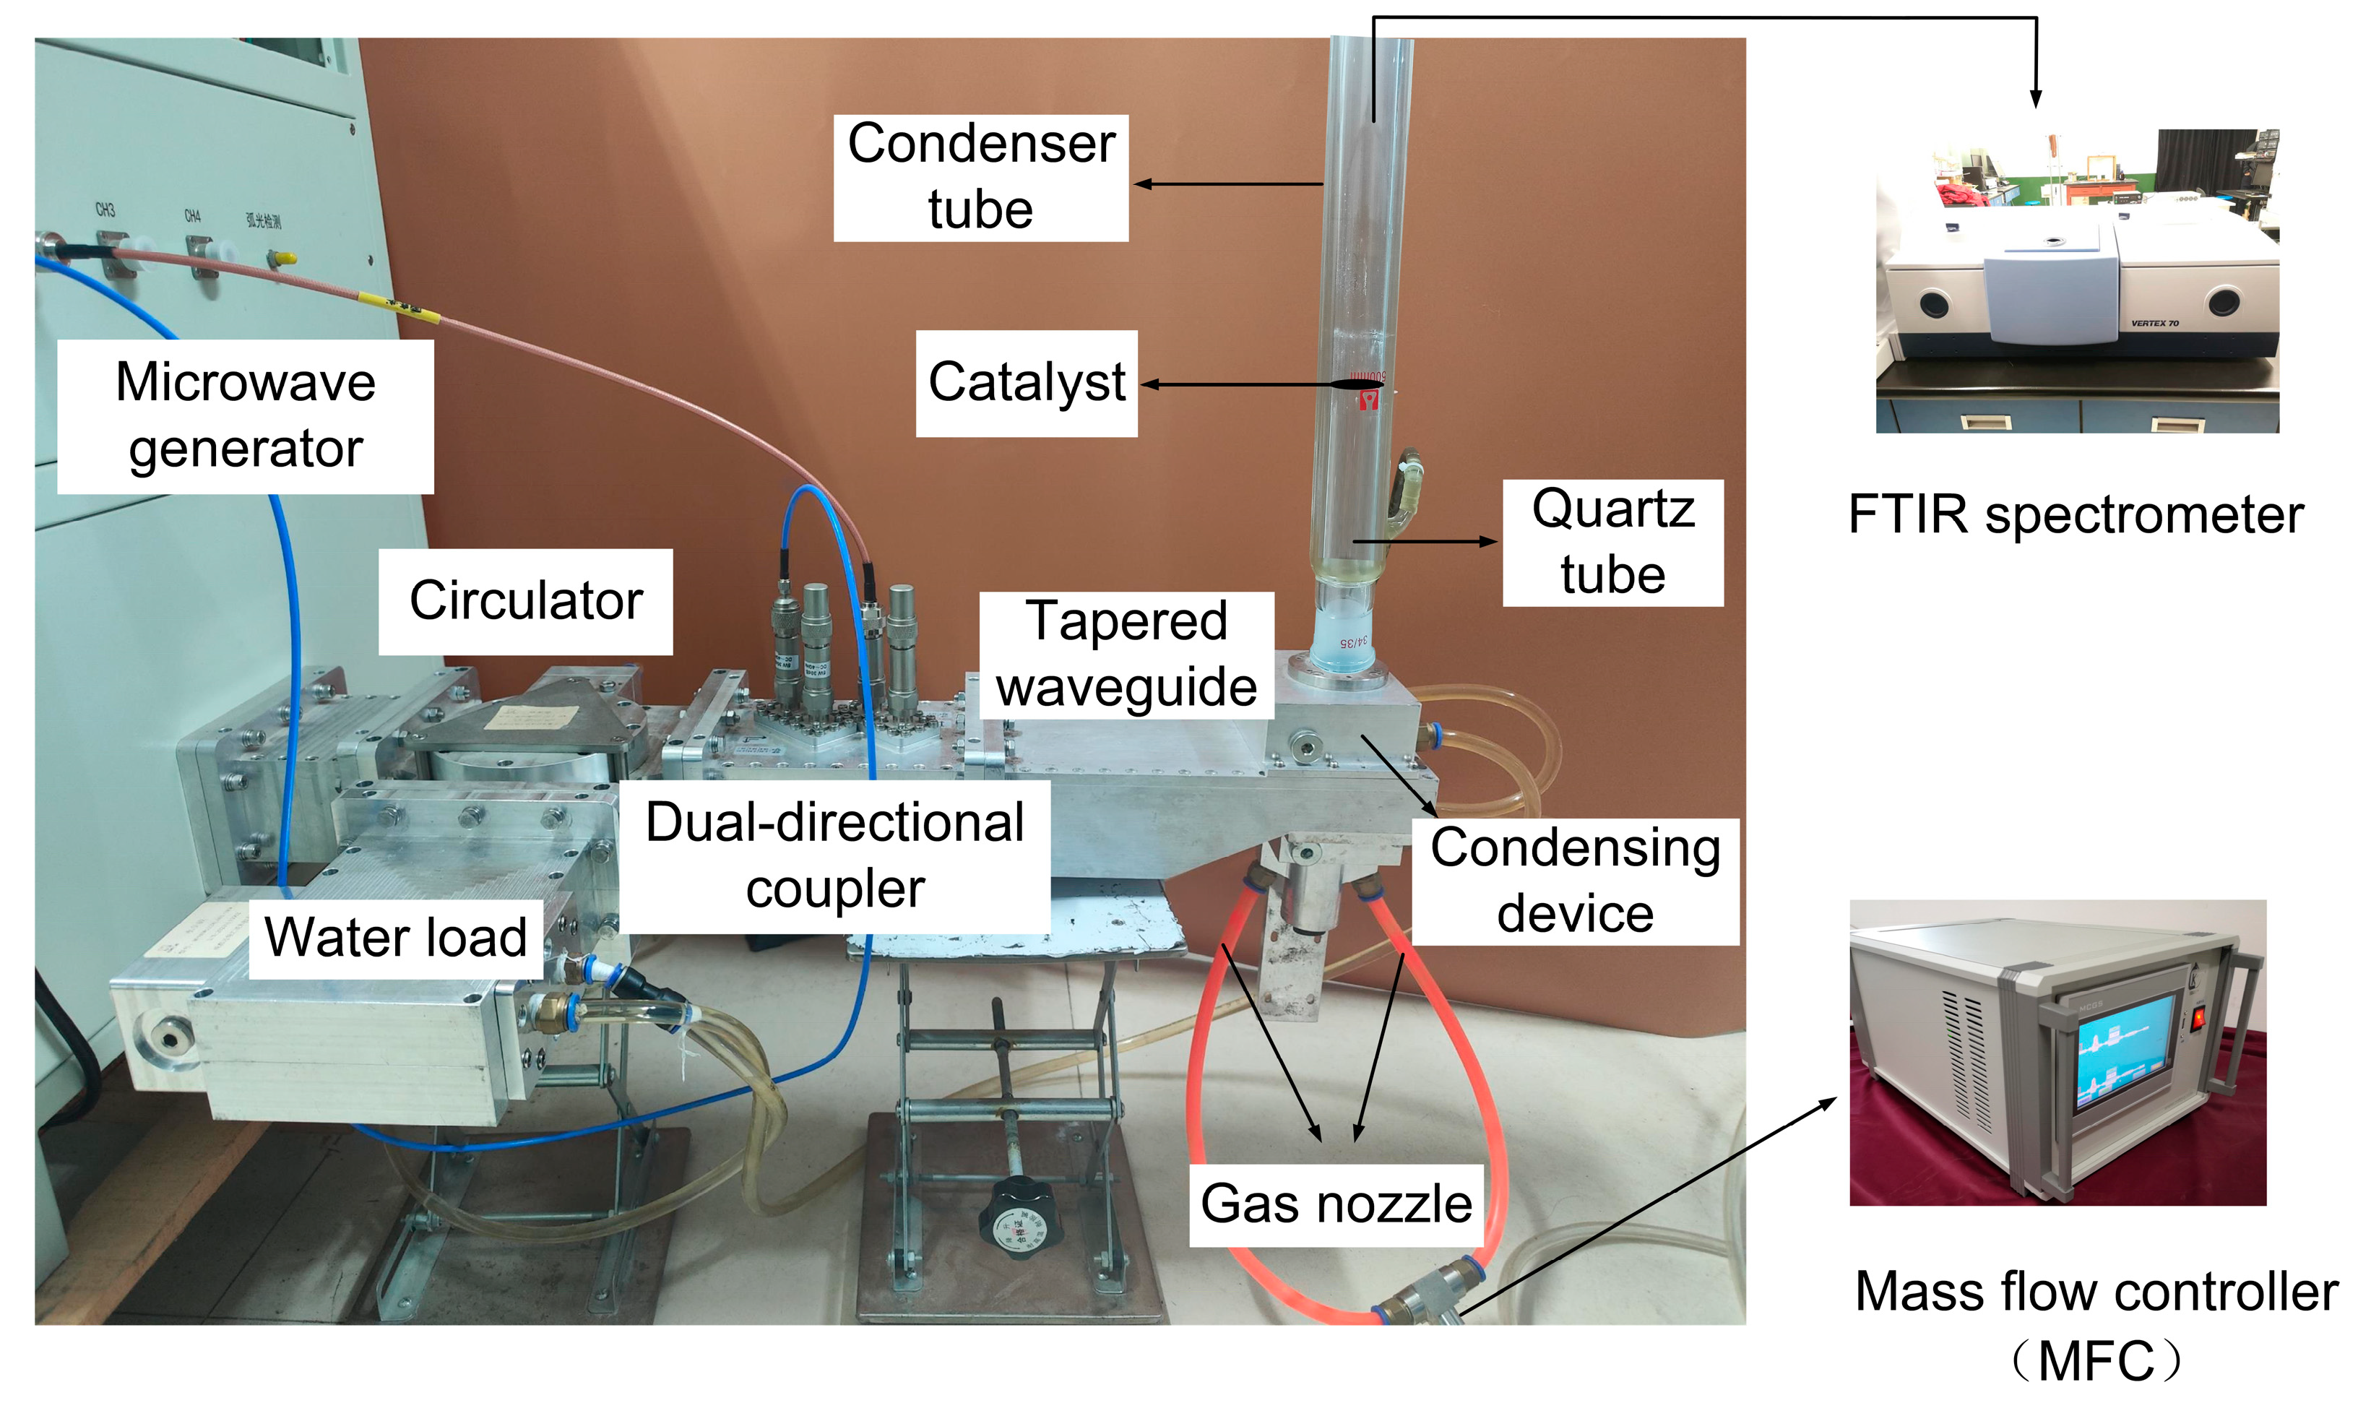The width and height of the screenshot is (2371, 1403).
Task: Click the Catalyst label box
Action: tap(1026, 383)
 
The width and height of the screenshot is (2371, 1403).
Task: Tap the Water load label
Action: tap(395, 938)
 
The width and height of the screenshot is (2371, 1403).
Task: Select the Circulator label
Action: tap(526, 601)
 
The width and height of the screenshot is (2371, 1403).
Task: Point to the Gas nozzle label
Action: tap(1335, 1204)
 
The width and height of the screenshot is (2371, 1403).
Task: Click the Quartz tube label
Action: tap(1612, 543)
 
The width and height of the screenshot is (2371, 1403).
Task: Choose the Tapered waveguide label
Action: tap(1126, 655)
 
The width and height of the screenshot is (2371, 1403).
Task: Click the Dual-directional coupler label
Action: tap(835, 855)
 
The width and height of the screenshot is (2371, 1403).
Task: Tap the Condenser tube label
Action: tap(980, 177)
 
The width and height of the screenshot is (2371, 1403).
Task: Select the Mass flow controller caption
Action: tap(2095, 1324)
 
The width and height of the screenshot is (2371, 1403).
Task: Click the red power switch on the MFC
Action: tap(2199, 1018)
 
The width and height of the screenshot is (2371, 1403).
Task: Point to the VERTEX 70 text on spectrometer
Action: tap(2154, 324)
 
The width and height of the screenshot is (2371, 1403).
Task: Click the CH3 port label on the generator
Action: tap(104, 210)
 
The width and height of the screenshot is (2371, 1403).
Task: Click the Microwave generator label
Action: tap(245, 416)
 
